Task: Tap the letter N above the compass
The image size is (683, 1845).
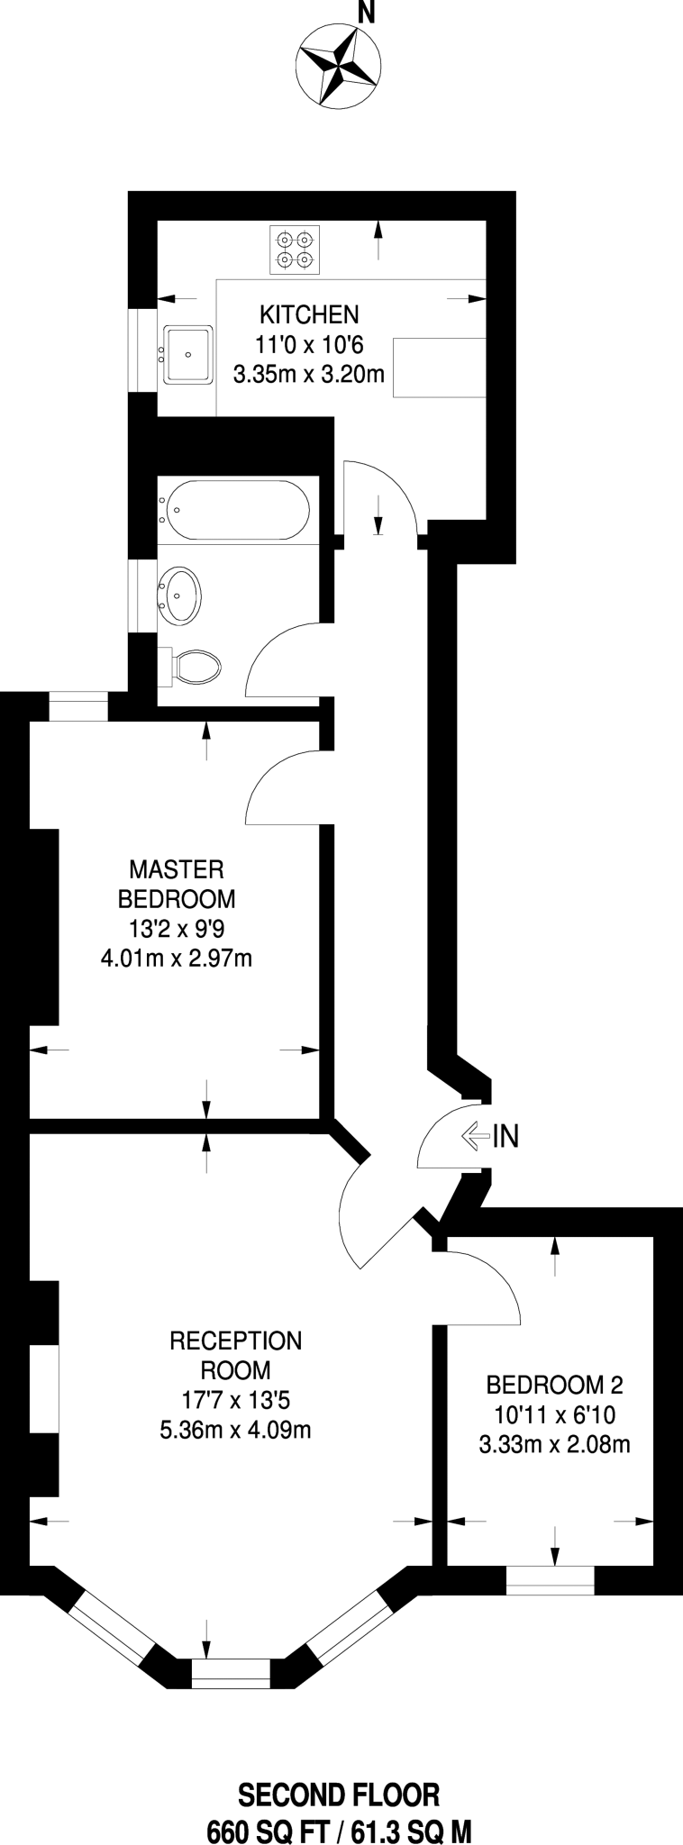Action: [x=365, y=12]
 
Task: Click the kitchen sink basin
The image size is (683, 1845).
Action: [x=188, y=354]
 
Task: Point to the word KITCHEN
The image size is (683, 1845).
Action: [x=308, y=314]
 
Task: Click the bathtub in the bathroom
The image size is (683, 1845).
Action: [x=236, y=510]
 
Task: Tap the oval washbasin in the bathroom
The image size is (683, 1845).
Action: [x=181, y=595]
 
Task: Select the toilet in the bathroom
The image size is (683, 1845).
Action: [x=192, y=668]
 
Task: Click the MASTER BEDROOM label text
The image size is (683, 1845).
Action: [x=177, y=884]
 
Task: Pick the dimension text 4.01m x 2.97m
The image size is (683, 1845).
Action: [x=177, y=958]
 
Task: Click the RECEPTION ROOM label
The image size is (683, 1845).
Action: [x=236, y=1355]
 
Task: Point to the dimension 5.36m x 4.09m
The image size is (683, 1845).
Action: [x=236, y=1429]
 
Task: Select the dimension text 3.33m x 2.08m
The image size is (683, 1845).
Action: [x=554, y=1444]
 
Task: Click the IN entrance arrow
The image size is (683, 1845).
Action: [x=490, y=1137]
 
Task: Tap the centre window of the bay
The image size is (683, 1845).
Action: [x=231, y=1673]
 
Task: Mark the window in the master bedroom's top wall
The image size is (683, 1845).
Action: [x=78, y=706]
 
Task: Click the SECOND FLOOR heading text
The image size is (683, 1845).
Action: [x=339, y=1770]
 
